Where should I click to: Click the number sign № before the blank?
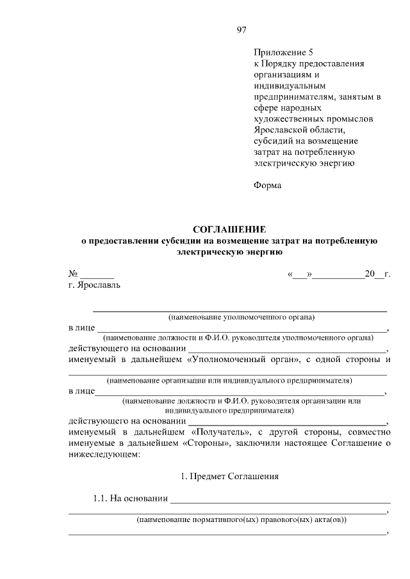tap(73, 274)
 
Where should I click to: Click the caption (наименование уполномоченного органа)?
tap(242, 317)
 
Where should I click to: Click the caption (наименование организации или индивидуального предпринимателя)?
tap(229, 379)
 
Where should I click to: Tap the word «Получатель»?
tap(220, 432)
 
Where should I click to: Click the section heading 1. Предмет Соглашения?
tap(229, 477)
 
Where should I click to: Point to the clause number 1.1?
tap(101, 499)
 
